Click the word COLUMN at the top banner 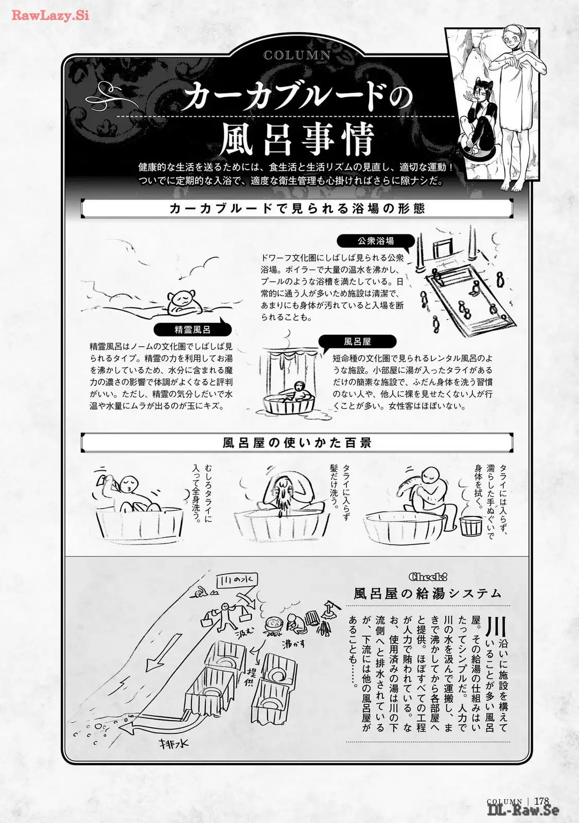click(x=297, y=55)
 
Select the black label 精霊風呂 click(x=192, y=330)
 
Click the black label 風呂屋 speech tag click(x=357, y=342)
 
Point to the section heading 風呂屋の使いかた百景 click(x=297, y=442)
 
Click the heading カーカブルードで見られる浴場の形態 click(x=297, y=208)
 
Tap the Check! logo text click(x=428, y=577)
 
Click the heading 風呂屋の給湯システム click(x=428, y=594)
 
